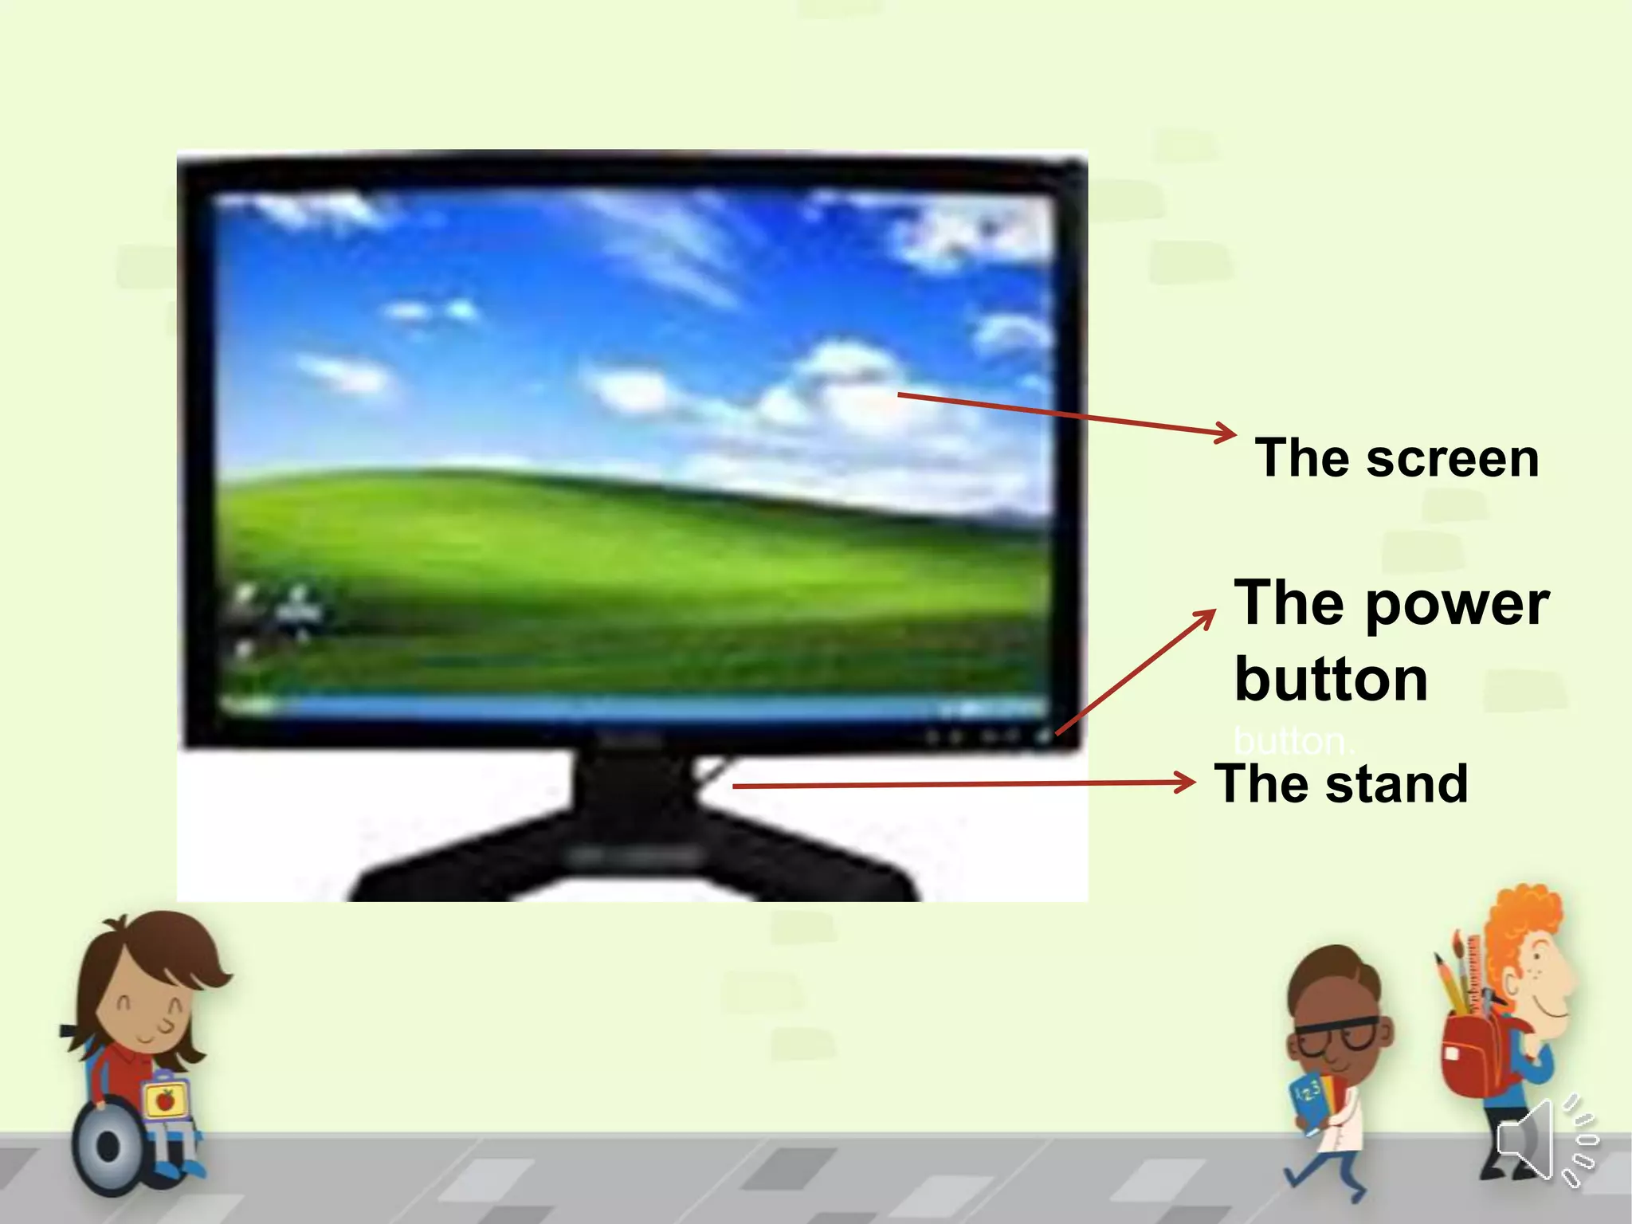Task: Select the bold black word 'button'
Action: (x=1331, y=680)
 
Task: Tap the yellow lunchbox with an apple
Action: (x=167, y=1100)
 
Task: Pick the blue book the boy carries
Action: (x=1312, y=1099)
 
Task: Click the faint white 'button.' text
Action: (x=1292, y=742)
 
